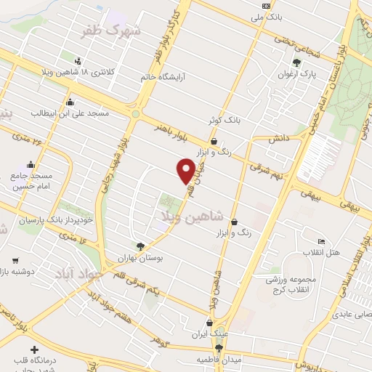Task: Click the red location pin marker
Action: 187,170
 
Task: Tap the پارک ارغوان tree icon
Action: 296,62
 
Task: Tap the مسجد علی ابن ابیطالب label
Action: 70,114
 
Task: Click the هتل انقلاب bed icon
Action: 322,241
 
